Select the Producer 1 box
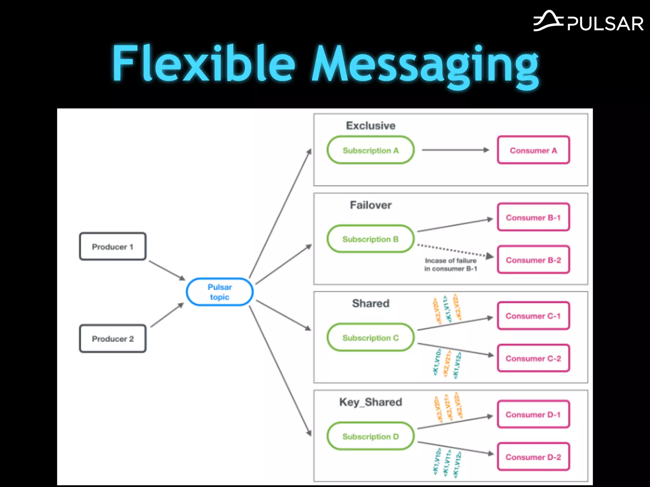click(113, 247)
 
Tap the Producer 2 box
click(113, 339)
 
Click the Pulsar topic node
click(220, 292)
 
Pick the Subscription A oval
click(370, 150)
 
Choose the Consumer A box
click(533, 150)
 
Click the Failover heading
click(370, 205)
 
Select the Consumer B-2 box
click(533, 260)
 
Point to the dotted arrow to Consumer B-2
click(454, 250)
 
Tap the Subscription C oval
click(370, 338)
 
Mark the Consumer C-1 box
click(533, 316)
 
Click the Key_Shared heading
click(370, 402)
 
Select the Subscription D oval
click(370, 436)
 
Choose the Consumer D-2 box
click(533, 457)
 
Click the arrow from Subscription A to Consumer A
click(455, 150)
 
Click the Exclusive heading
click(370, 126)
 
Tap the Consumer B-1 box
click(533, 218)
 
